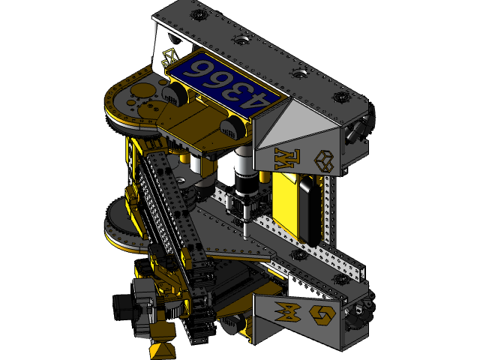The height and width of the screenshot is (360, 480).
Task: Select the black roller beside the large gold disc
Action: click(174, 94)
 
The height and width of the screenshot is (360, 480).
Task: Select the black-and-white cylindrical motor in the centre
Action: click(243, 175)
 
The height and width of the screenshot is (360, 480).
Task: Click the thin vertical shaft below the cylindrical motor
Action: click(245, 225)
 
